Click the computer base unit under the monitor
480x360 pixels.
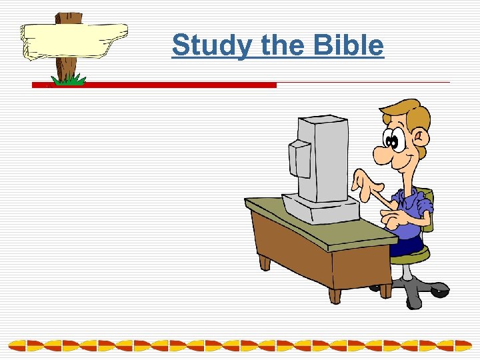(x=320, y=207)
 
